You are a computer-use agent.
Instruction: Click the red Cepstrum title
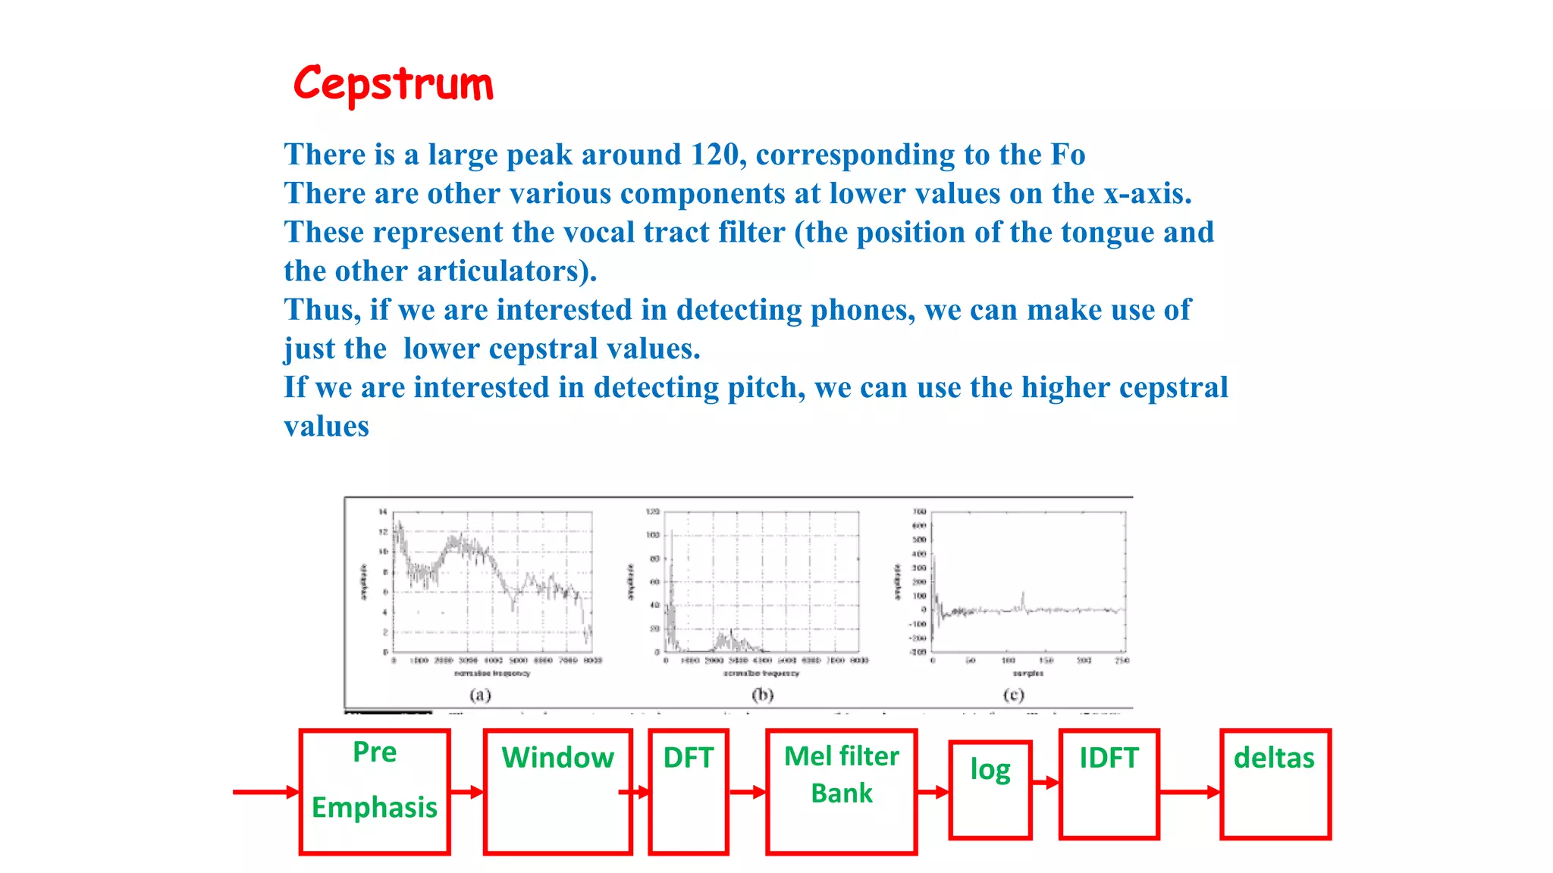393,83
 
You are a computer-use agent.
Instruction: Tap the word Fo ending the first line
1068,155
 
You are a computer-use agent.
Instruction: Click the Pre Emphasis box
375,791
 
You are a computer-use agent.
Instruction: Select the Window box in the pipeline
558,791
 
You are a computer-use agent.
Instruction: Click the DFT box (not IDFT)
689,791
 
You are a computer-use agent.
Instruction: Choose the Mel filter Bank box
842,791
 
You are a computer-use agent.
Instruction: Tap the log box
990,790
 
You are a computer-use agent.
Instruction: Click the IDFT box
1109,785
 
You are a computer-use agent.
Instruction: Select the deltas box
1275,785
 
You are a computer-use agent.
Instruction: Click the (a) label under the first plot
480,694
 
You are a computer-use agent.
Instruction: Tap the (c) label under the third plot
1013,694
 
